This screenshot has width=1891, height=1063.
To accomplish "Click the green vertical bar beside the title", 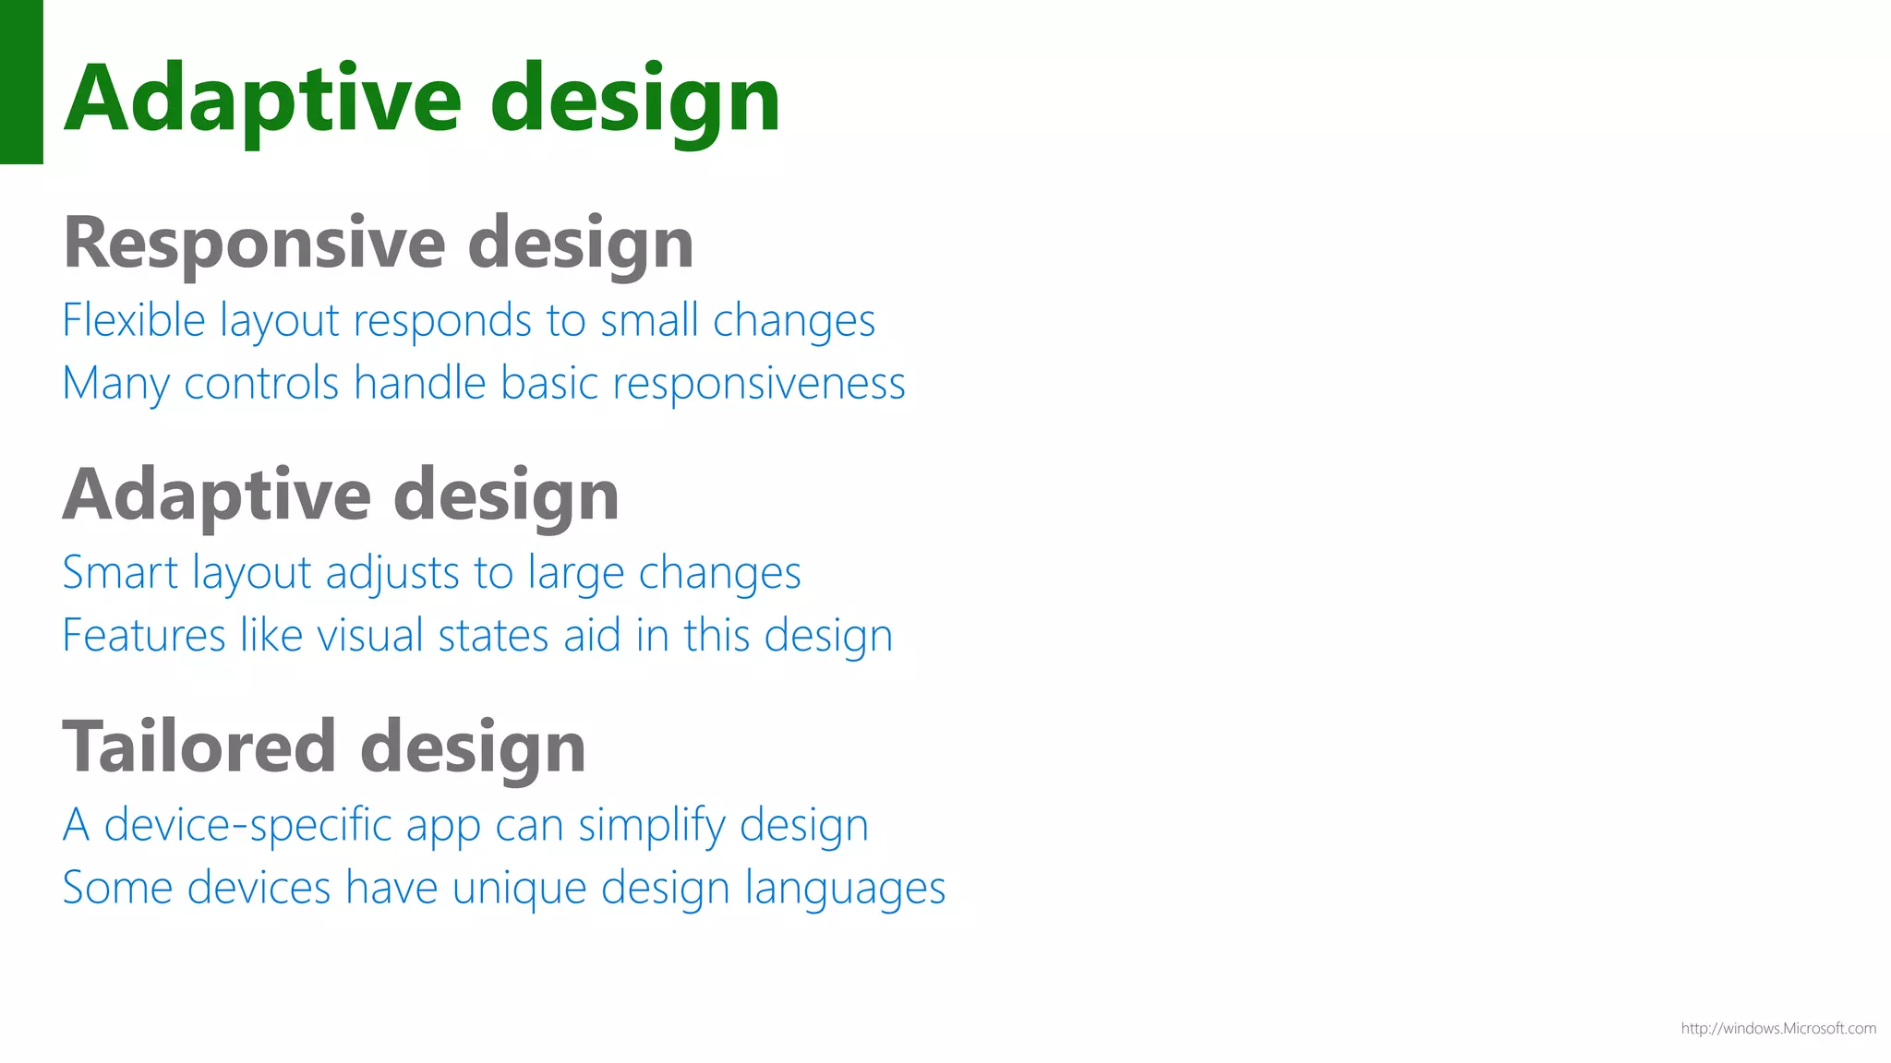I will [x=21, y=81].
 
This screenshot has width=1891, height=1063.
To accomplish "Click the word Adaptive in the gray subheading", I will [x=217, y=496].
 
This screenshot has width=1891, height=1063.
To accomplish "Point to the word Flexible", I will [x=134, y=321].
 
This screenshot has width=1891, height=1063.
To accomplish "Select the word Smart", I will [x=120, y=573].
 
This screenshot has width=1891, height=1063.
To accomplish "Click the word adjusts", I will [x=392, y=573].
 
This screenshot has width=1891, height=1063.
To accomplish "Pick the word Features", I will [x=144, y=636].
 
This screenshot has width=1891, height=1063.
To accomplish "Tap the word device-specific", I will [x=248, y=825].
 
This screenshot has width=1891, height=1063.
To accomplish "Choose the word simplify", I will [x=652, y=825].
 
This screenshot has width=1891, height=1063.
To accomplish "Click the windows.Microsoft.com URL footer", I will [x=1777, y=1028].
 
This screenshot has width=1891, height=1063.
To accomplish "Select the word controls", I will [x=262, y=384].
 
